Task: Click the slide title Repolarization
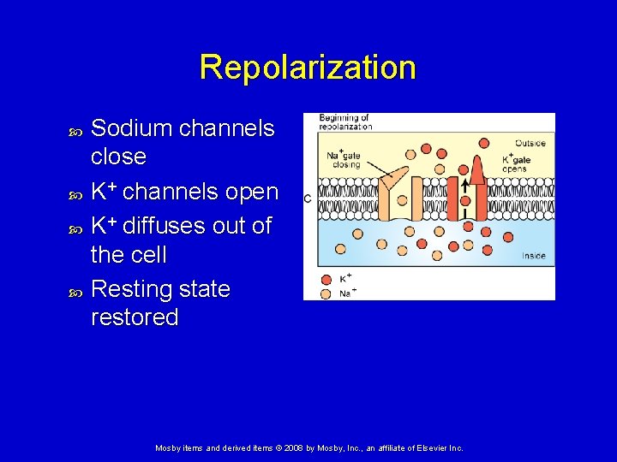[308, 67]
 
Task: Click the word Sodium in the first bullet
[128, 128]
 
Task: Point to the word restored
[135, 317]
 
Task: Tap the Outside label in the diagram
[530, 143]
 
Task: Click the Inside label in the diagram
[533, 256]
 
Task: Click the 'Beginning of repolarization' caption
[344, 121]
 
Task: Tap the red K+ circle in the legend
[325, 279]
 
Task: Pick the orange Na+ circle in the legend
[325, 293]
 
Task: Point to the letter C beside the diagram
[307, 198]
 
